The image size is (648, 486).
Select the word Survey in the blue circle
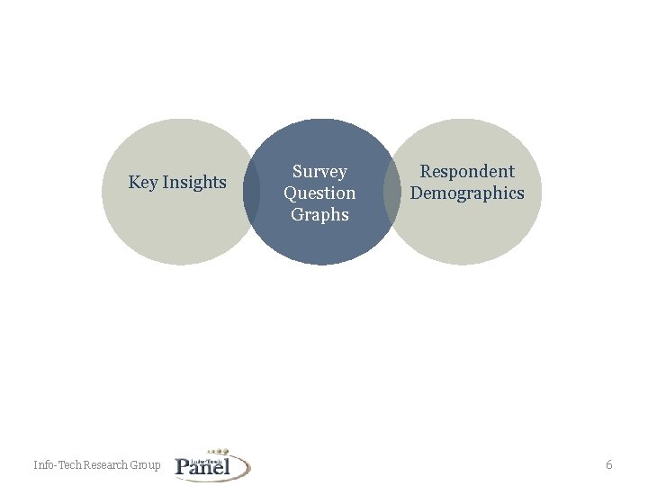319,172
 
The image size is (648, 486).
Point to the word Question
319,193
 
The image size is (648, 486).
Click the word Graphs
319,215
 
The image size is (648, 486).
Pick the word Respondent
467,172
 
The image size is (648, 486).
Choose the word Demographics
467,193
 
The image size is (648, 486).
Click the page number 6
609,465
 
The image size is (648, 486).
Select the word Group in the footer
147,465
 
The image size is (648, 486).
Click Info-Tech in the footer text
58,465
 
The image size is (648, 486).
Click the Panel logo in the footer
212,464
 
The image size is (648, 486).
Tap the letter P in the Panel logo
183,466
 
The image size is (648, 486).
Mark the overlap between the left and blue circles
252,192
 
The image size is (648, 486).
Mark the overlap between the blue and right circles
391,192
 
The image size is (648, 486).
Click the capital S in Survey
296,172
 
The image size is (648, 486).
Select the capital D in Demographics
417,193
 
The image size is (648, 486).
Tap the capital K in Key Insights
133,183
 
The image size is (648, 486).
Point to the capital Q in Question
290,193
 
